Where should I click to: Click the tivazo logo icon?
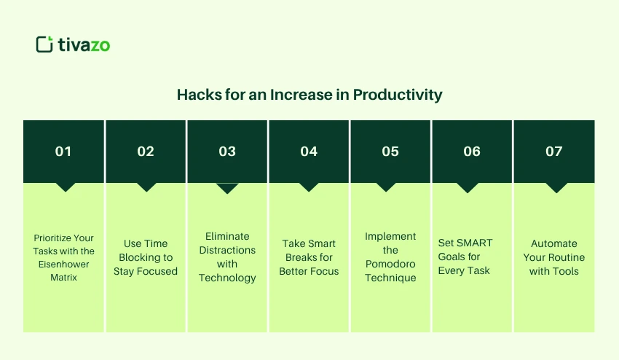point(44,44)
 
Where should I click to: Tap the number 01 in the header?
point(64,152)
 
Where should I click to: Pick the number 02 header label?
point(146,152)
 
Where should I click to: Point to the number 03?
point(227,152)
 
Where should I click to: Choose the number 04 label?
point(309,152)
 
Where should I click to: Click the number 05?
point(390,152)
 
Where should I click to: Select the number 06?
point(472,152)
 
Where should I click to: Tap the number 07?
point(554,152)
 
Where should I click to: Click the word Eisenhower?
point(64,264)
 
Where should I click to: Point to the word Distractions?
point(227,250)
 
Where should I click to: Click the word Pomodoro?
point(390,264)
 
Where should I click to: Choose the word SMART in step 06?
point(474,243)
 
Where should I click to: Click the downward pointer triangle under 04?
point(309,187)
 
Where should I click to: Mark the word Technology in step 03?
point(227,278)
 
